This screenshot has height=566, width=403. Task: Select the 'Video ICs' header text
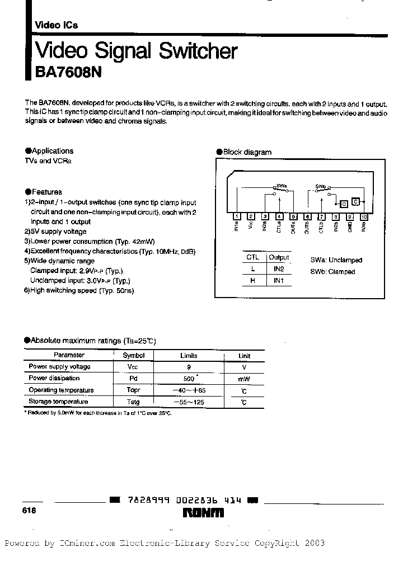57,25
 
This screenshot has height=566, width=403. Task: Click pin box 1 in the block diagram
237,216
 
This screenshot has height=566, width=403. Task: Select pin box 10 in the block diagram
364,216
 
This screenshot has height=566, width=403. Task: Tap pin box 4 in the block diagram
279,216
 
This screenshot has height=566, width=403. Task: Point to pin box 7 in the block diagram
321,216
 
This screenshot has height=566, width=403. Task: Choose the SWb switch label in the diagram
321,185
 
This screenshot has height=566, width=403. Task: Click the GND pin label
349,228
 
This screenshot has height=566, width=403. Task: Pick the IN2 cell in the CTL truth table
279,269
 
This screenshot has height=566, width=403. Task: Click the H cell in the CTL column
252,281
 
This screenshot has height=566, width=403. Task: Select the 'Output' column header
279,257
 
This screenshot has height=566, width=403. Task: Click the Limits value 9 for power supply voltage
188,367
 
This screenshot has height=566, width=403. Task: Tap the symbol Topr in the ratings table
133,390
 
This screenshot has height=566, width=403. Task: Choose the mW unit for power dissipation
244,379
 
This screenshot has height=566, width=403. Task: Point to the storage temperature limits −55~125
189,402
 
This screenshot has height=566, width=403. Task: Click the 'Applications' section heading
53,151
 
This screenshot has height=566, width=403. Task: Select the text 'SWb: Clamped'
332,272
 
